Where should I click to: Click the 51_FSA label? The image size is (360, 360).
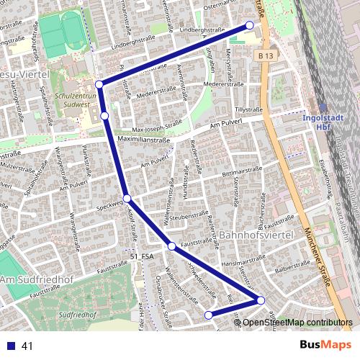(143, 256)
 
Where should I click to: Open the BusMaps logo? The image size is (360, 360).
(330, 345)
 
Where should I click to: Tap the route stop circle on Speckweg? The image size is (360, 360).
(127, 199)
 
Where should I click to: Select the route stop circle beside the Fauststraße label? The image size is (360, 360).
(172, 247)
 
